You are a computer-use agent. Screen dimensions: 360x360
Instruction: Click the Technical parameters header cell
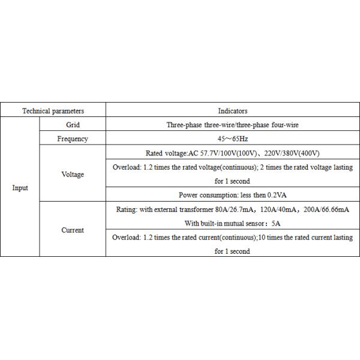point(53,111)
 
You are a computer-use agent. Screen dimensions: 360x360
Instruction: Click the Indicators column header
point(233,111)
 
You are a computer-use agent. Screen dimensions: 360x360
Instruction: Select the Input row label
point(20,188)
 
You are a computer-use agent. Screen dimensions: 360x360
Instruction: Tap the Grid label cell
point(73,125)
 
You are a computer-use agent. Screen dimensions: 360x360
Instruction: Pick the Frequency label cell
point(73,139)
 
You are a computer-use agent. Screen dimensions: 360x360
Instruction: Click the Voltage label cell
point(73,175)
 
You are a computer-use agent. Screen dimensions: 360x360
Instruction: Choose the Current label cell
point(73,230)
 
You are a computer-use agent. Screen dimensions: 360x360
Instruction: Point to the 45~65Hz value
point(233,139)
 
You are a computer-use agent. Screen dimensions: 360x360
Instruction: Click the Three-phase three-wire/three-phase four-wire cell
point(233,125)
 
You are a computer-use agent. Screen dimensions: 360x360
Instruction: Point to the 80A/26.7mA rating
point(228,209)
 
